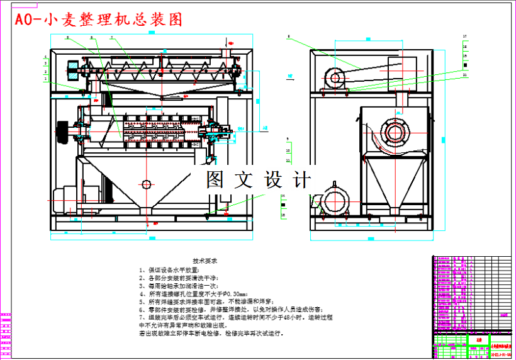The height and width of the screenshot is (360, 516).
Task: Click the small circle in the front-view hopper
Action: point(147,184)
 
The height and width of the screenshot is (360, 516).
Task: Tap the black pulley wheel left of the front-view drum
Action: point(62,133)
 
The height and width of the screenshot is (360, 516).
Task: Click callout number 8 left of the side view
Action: point(289,38)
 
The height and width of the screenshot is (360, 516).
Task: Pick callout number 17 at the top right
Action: point(465,37)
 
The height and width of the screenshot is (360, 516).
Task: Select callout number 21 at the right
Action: point(465,75)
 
